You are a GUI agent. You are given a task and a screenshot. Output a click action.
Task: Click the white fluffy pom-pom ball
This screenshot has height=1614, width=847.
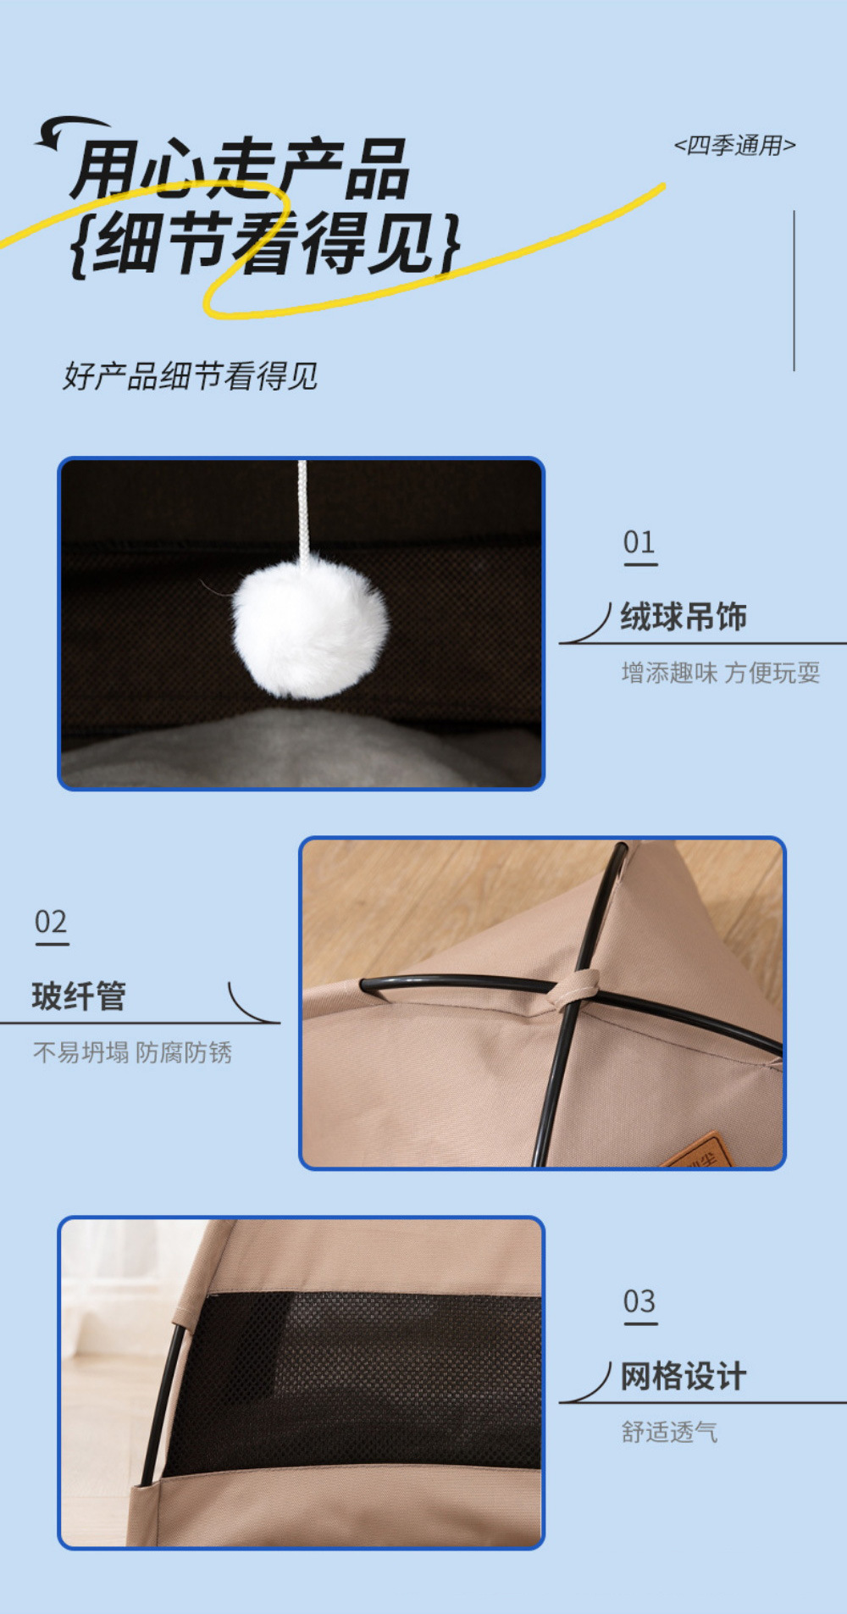click(310, 626)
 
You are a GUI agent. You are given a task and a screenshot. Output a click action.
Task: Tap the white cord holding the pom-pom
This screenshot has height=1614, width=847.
click(302, 508)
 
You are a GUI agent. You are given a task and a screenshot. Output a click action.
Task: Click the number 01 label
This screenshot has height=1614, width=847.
click(639, 542)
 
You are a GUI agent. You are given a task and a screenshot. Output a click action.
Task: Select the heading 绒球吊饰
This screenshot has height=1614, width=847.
click(684, 617)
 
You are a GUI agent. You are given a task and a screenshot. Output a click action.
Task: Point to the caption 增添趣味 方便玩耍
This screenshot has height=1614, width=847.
click(720, 673)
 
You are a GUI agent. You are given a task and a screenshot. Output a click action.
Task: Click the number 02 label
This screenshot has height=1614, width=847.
click(51, 922)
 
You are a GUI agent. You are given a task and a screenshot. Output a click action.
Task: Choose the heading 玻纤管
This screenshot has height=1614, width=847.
click(79, 996)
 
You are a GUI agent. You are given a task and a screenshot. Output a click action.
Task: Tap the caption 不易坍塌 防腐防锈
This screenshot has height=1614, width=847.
click(132, 1052)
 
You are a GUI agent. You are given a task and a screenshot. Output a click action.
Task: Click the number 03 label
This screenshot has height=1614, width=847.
click(639, 1301)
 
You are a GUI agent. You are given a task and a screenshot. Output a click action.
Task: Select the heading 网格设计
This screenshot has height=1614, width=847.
click(684, 1376)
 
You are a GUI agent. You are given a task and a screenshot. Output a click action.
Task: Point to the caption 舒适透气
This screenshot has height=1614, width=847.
click(669, 1432)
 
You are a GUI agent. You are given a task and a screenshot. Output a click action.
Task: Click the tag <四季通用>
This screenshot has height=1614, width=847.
click(734, 146)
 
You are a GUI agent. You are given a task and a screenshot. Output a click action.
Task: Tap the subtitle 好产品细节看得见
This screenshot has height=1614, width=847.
click(191, 376)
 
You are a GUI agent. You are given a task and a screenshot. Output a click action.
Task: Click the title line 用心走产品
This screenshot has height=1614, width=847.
click(241, 169)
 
